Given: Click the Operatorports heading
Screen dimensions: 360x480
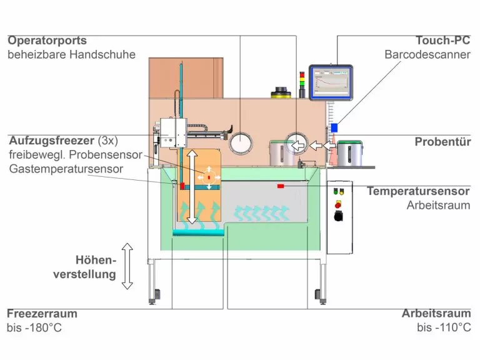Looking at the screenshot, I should pyautogui.click(x=47, y=41).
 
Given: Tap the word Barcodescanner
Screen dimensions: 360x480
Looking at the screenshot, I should pyautogui.click(x=427, y=54).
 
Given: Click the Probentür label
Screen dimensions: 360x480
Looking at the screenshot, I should pyautogui.click(x=442, y=142).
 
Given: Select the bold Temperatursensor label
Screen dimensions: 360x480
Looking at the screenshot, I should pyautogui.click(x=418, y=191).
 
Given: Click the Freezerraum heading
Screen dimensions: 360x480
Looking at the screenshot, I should pyautogui.click(x=42, y=314).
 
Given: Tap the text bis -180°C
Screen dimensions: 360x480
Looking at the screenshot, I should pyautogui.click(x=34, y=327).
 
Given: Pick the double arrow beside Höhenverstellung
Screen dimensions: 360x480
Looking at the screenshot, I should pyautogui.click(x=127, y=266).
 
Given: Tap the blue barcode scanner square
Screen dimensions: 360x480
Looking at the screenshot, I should pyautogui.click(x=334, y=127).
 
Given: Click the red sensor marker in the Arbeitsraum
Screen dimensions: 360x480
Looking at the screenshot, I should pyautogui.click(x=281, y=186).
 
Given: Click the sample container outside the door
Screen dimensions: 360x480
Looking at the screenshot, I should pyautogui.click(x=351, y=153).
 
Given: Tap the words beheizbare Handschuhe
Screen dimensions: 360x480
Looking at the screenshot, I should pyautogui.click(x=71, y=54).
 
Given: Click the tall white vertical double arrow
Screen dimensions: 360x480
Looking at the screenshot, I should pyautogui.click(x=192, y=187).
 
